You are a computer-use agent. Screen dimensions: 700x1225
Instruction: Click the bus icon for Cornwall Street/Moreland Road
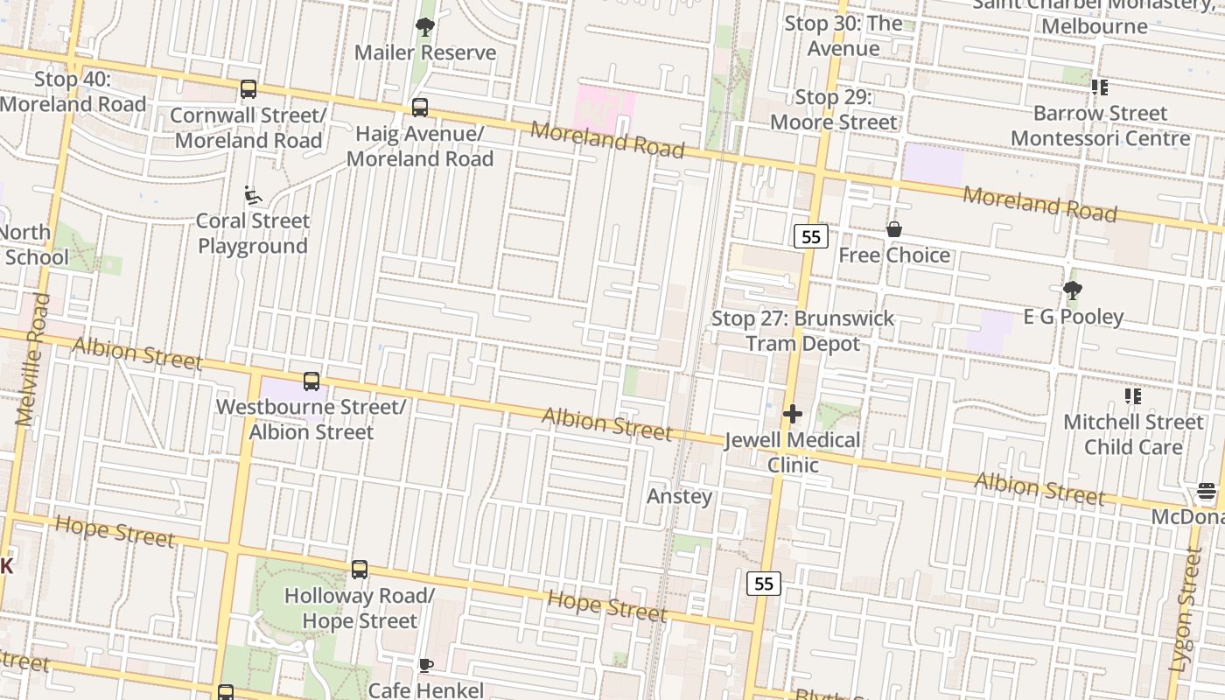coord(248,89)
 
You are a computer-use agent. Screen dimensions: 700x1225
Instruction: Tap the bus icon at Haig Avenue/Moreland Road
coord(420,108)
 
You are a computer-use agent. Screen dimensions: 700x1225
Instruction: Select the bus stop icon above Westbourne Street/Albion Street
coord(311,381)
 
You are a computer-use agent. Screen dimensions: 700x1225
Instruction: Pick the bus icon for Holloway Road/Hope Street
coord(360,570)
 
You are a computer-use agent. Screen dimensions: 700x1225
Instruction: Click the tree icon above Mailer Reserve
coord(425,27)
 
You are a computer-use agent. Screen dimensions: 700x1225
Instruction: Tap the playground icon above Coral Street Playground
coord(253,195)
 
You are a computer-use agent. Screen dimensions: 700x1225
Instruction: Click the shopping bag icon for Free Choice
coord(894,230)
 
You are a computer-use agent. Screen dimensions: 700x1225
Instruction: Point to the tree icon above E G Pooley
coord(1073,290)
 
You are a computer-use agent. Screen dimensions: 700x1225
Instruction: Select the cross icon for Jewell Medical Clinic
coord(793,414)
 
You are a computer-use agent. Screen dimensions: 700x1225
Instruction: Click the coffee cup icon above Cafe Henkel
coord(426,665)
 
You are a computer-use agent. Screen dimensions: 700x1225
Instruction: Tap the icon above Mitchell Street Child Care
coord(1133,396)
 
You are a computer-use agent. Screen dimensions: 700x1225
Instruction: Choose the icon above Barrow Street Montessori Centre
coord(1100,87)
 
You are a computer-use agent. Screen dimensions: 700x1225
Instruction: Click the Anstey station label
coord(679,496)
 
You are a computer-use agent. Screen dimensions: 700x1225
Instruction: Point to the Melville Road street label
coord(31,360)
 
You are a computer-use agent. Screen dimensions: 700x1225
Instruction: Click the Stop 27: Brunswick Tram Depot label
coord(802,331)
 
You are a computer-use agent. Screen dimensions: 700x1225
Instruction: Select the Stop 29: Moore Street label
coord(834,109)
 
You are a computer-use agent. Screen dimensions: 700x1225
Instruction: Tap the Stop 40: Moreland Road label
coord(73,92)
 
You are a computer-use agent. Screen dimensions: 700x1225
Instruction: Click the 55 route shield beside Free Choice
coord(811,236)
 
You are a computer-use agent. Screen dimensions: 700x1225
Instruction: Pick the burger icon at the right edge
coord(1207,492)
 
